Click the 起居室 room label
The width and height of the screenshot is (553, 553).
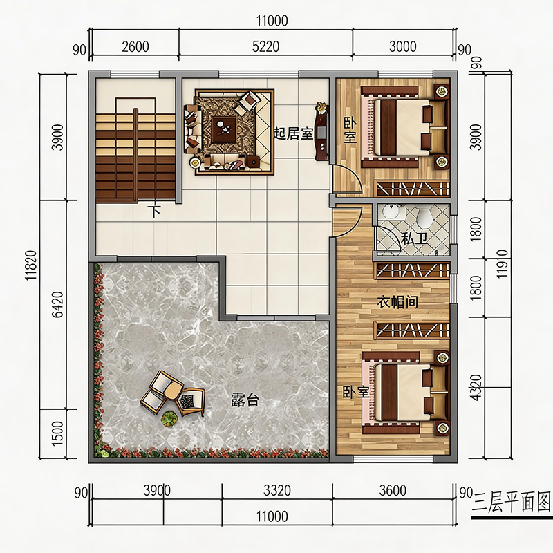point(294,133)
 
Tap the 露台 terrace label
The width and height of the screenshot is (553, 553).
point(245,400)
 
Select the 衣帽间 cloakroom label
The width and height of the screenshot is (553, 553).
point(397,302)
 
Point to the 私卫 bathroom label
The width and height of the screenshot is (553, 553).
point(414,238)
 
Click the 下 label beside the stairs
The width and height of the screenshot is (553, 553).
point(154,212)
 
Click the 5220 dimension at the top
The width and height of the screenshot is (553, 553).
point(265,46)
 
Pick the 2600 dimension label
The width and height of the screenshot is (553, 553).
point(135,46)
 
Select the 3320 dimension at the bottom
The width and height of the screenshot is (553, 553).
point(277,490)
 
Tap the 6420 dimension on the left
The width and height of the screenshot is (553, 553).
point(58,305)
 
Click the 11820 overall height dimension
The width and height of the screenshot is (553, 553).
point(31,265)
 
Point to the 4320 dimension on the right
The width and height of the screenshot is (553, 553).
point(476,387)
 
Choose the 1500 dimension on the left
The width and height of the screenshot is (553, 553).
point(57,433)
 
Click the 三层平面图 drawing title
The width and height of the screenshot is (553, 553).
point(511,503)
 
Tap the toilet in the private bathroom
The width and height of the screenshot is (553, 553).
point(424,218)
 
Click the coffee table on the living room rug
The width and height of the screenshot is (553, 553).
point(224,129)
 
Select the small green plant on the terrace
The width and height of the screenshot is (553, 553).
point(169,418)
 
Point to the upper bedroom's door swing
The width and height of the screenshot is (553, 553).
point(348,180)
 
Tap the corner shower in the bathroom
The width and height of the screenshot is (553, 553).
point(388,239)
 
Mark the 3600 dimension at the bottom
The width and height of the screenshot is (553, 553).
point(393,490)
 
